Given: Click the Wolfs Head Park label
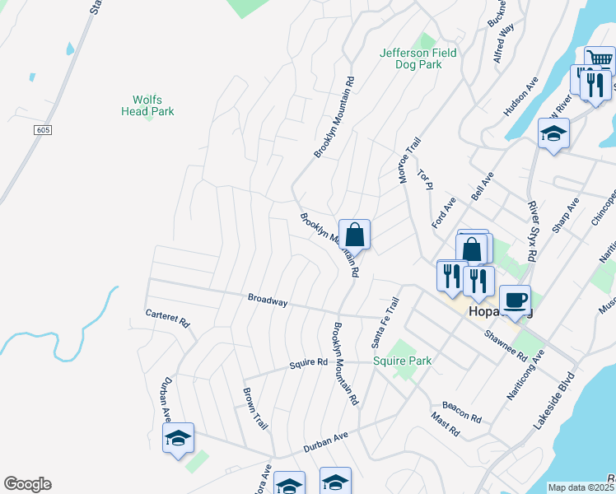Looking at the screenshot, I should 147,105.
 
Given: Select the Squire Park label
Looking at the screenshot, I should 403,361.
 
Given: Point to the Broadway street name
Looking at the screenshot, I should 268,301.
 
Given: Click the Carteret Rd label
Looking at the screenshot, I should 167,318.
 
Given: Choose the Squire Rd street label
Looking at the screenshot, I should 309,362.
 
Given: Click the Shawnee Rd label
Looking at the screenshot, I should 505,345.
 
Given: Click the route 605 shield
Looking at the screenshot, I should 44,131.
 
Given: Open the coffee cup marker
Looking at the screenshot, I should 515,301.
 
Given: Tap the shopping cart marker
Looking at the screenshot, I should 600,61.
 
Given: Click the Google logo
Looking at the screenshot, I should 27,484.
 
